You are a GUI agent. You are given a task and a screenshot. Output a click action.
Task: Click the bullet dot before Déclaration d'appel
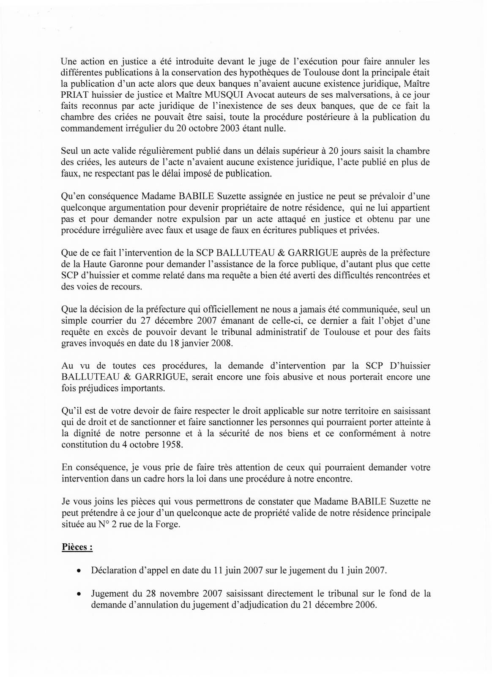coord(79,570)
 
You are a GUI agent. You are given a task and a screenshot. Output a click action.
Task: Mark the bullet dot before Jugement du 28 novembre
coord(79,594)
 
